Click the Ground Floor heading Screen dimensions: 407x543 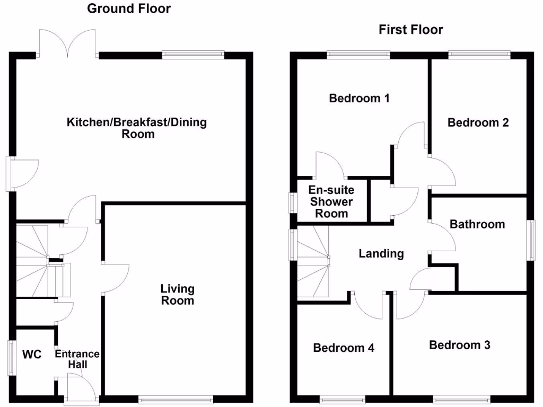coord(129,8)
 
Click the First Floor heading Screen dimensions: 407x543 coord(410,30)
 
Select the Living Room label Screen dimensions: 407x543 coord(178,295)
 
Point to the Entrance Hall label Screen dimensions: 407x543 coord(77,359)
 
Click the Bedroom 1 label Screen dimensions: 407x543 coord(359,98)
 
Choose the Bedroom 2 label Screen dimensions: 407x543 coord(478,122)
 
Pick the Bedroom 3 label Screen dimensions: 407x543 coord(459,345)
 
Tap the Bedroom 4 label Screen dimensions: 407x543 coord(344,348)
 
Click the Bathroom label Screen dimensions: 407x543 coord(477,224)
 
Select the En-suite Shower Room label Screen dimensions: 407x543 coord(331,201)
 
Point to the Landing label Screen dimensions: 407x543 coord(381,254)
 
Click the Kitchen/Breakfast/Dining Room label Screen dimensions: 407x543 coord(137,128)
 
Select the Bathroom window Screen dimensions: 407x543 coord(530,240)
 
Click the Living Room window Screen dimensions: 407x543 coord(176,400)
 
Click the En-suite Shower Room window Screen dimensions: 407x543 coord(291,202)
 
